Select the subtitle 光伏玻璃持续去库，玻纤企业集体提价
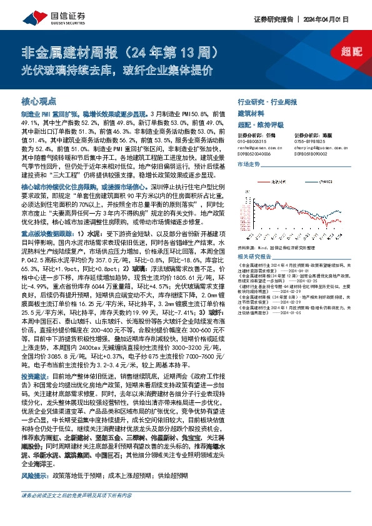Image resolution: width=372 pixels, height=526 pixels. [118, 69]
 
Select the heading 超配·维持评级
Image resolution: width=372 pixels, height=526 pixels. [259, 125]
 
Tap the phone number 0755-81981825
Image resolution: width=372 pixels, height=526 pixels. [308, 142]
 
